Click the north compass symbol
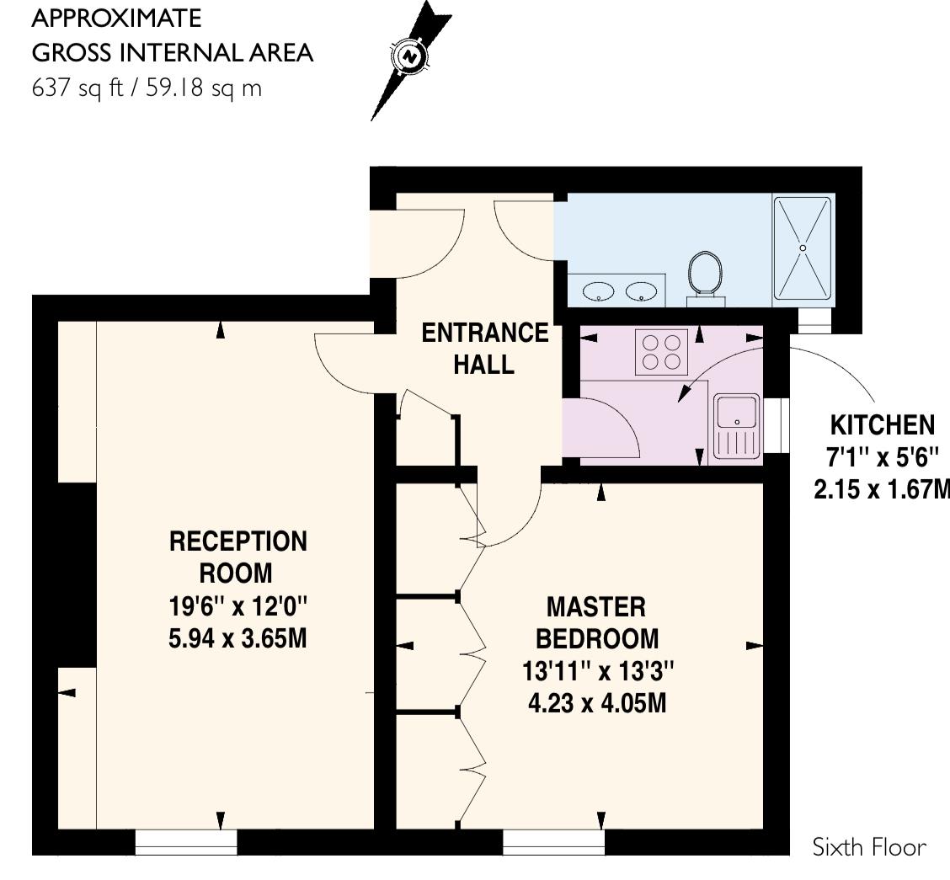click(x=411, y=57)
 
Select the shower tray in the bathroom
click(x=803, y=248)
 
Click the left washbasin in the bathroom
click(x=599, y=292)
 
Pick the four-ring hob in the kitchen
click(x=661, y=351)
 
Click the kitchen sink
click(x=736, y=427)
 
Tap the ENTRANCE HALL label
click(x=484, y=349)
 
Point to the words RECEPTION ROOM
click(x=238, y=557)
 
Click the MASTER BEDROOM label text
click(x=596, y=621)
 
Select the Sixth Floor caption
click(x=869, y=847)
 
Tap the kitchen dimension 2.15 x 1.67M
click(x=881, y=489)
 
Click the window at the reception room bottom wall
click(x=186, y=841)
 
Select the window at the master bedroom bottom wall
click(x=554, y=841)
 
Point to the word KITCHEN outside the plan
click(x=882, y=424)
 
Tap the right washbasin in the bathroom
click(x=644, y=292)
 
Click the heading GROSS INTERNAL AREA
click(x=172, y=52)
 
